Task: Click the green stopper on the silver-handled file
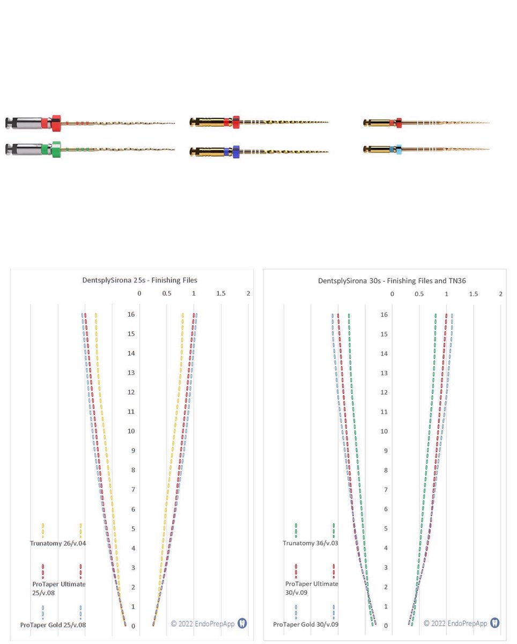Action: tap(56, 149)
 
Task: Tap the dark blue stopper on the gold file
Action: tap(236, 152)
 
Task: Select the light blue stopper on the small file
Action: tap(399, 149)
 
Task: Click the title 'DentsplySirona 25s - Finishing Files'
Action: tap(139, 280)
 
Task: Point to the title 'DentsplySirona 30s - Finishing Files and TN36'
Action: tap(392, 281)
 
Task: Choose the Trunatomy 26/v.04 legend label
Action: tap(58, 543)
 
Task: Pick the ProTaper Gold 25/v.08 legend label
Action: tap(53, 625)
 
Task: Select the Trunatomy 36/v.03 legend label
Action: tap(311, 543)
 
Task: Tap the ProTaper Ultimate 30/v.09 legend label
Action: tap(312, 588)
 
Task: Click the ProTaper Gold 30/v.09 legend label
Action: tap(306, 624)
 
